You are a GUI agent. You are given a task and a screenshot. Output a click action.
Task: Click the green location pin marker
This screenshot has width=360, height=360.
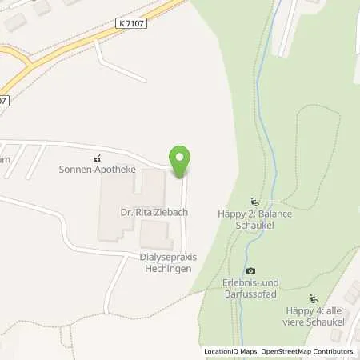180,161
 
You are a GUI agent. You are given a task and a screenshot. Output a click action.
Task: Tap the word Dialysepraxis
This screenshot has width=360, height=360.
168,257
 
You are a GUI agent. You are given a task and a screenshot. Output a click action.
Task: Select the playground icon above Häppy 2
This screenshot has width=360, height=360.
254,202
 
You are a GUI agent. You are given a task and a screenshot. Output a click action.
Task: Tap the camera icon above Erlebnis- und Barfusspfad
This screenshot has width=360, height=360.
250,271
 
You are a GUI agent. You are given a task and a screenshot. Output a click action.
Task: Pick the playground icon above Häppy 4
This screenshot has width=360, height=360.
314,298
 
